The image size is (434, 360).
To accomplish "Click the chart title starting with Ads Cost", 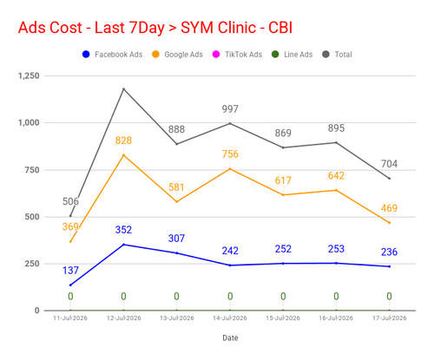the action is [x=155, y=28].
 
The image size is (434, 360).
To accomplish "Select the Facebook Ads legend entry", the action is [x=112, y=55].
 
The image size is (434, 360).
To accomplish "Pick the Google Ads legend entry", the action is [x=177, y=55].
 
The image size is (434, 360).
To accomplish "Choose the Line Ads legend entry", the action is [x=292, y=55].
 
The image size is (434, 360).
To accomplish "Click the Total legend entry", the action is [x=337, y=55].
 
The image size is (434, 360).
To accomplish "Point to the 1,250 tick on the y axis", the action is [x=29, y=75].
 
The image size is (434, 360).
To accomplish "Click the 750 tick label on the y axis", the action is [x=32, y=170].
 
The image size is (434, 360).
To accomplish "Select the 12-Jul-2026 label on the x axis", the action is [x=124, y=318].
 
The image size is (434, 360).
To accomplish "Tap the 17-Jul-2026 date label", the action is [x=389, y=318].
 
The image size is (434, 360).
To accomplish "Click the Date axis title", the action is [x=230, y=337].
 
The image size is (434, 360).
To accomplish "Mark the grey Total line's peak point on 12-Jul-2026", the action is [x=124, y=89].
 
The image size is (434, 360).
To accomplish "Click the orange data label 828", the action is [x=123, y=141].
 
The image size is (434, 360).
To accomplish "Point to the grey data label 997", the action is [x=230, y=109].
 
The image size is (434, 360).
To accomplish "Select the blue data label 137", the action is [x=70, y=271].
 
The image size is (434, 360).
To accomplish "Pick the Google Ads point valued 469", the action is [x=389, y=223].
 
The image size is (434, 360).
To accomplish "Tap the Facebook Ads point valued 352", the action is [x=124, y=245].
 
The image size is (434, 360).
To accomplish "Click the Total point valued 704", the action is [x=389, y=179].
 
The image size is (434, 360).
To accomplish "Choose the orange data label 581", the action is [x=176, y=187].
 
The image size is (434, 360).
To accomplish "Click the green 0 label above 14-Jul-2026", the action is [x=230, y=297].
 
